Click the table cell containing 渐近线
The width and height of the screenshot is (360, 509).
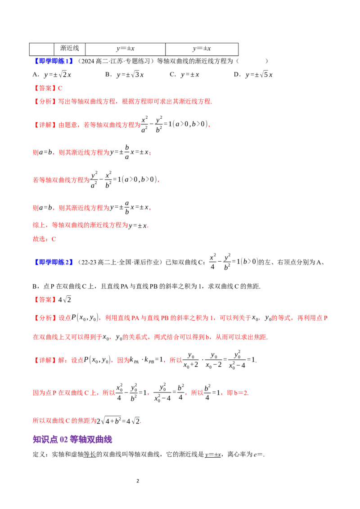click(x=70, y=49)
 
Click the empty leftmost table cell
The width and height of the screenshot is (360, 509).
click(x=41, y=49)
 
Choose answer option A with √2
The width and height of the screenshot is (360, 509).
click(x=52, y=75)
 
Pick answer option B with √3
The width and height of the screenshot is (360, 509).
click(x=125, y=75)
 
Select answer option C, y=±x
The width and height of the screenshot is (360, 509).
click(x=184, y=75)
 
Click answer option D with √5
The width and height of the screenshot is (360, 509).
click(x=253, y=75)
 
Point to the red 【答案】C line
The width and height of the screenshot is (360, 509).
click(x=47, y=88)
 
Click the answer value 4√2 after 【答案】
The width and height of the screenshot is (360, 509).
click(x=65, y=299)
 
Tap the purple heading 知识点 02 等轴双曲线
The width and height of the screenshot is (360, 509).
click(x=72, y=440)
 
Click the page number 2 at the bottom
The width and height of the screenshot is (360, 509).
click(x=138, y=481)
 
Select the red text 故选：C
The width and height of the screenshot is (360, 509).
click(x=45, y=239)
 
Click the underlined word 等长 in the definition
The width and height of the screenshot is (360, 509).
click(x=90, y=455)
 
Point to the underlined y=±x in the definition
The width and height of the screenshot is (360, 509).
click(x=213, y=455)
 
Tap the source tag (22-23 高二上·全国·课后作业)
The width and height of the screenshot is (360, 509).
click(x=120, y=262)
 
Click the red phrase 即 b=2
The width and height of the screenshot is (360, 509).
click(x=238, y=393)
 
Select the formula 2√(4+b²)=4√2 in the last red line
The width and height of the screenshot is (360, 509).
click(x=119, y=421)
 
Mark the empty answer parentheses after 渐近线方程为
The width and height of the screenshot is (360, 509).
click(x=252, y=61)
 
